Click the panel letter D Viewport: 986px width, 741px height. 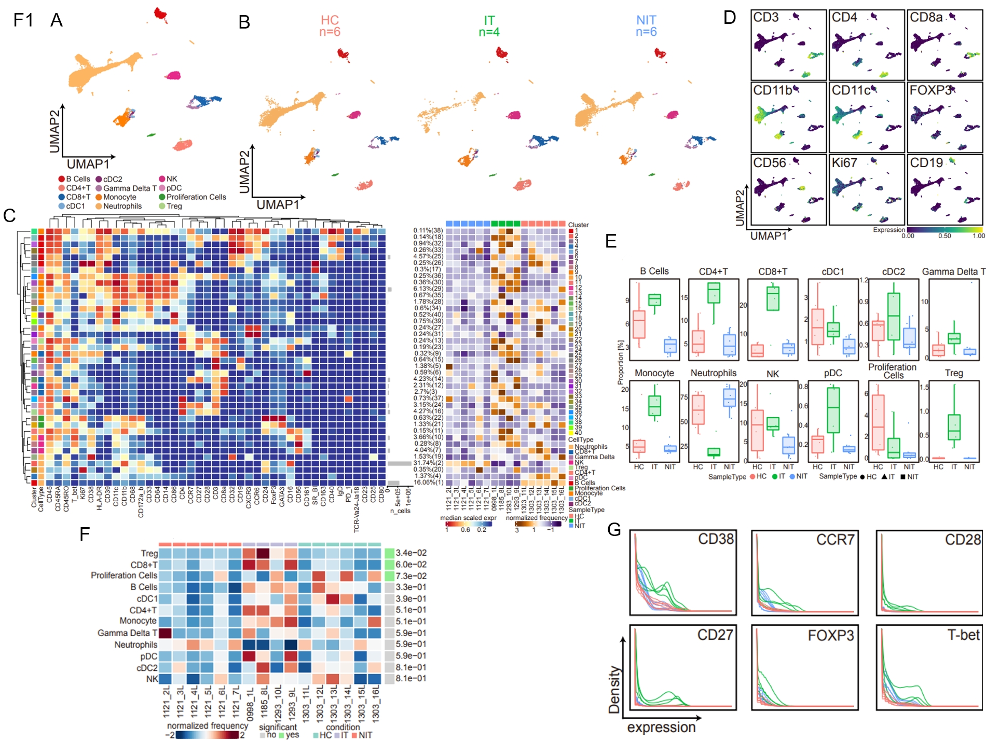click(729, 18)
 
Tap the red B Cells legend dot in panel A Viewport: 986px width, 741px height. click(62, 179)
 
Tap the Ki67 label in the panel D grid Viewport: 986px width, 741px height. click(844, 163)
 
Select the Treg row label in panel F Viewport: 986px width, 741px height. click(149, 553)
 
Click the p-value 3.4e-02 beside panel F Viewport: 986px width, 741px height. click(411, 553)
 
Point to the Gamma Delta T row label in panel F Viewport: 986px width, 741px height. click(127, 633)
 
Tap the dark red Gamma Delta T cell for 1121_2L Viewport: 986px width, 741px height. click(165, 633)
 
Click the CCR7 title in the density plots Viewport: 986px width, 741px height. click(835, 540)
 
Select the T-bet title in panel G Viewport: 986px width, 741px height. click(963, 635)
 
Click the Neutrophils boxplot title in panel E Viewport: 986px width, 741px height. click(713, 373)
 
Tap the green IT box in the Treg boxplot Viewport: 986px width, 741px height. click(954, 427)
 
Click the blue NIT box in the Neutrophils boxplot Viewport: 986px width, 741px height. click(729, 397)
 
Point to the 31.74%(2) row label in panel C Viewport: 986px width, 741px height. click(428, 463)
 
